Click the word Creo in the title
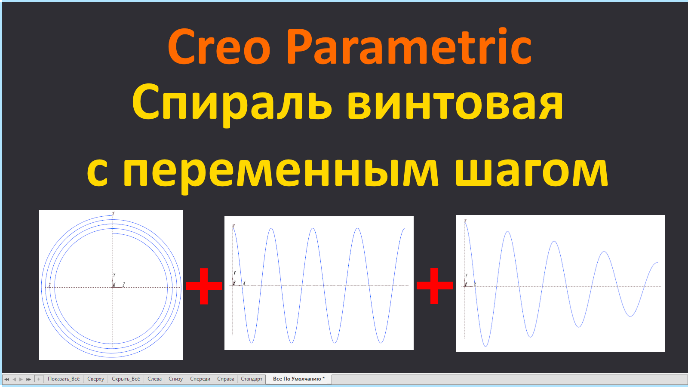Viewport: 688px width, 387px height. (219, 47)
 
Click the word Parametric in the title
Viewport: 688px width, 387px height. (408, 47)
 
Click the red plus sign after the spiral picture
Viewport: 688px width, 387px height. (204, 286)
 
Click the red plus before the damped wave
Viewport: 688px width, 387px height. (435, 286)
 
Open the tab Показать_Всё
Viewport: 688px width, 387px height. (64, 379)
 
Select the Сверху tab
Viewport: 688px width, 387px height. (95, 379)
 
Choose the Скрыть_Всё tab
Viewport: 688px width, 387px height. (126, 379)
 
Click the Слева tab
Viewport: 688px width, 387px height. (154, 379)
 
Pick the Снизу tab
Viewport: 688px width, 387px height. (175, 379)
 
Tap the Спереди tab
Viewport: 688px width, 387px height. (200, 379)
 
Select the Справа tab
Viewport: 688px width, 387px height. (225, 379)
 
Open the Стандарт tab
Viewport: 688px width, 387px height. (252, 379)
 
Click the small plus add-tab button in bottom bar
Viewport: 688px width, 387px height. (39, 379)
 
